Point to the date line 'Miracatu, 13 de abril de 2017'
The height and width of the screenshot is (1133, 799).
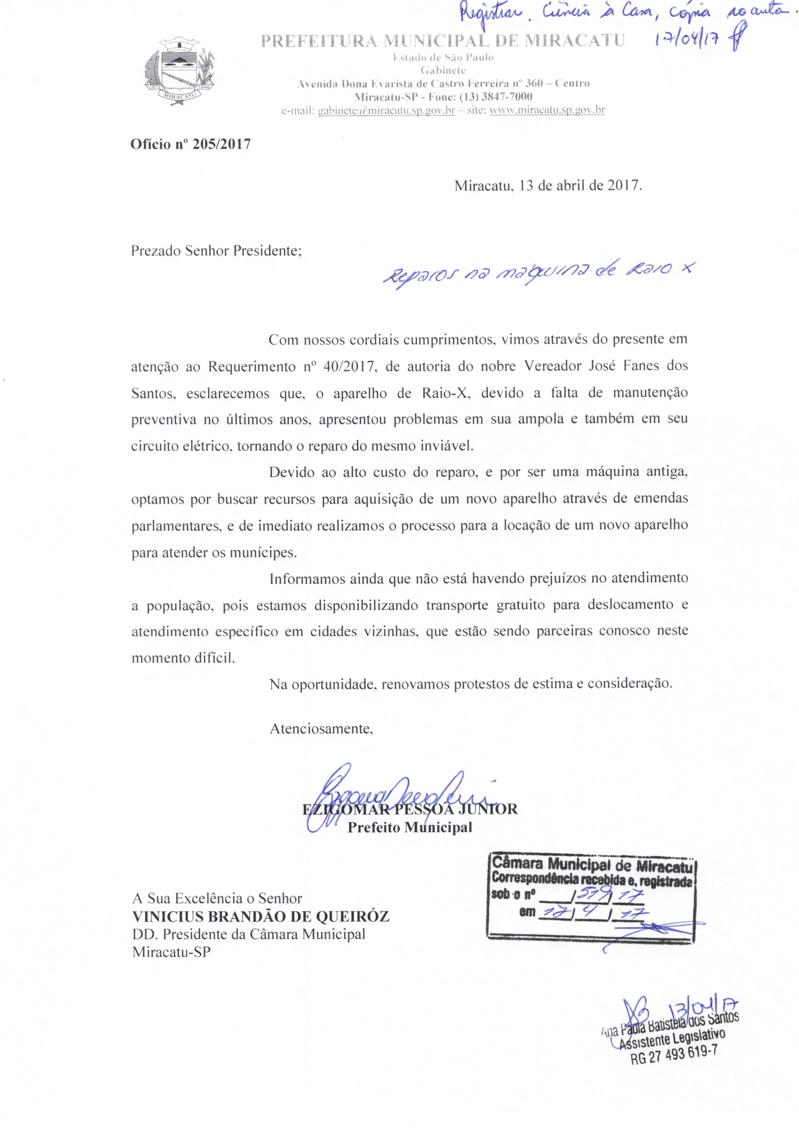(x=548, y=187)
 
